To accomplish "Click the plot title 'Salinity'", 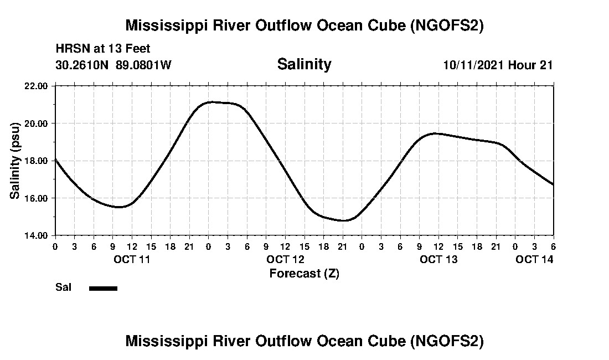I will pos(304,64).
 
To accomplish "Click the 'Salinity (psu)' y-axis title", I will pos(16,161).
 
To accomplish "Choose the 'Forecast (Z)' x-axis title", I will pos(304,274).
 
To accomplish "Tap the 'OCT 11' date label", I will pos(131,259).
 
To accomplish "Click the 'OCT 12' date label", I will pos(285,259).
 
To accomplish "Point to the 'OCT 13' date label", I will pos(438,259).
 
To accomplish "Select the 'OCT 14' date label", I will pos(534,259).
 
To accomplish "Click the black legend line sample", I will pos(103,288).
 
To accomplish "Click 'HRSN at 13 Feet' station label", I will pos(103,49).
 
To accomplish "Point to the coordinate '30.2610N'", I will pos(83,65).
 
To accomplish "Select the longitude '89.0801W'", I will pos(143,65).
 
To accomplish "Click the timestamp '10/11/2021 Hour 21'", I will pos(498,65).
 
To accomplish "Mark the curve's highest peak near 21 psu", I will pos(210,102).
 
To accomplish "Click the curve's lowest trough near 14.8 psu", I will pos(344,220).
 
